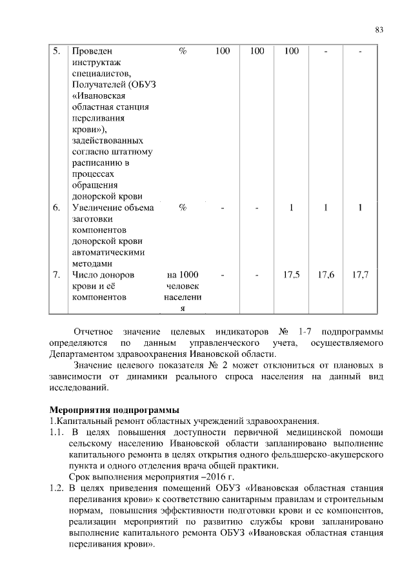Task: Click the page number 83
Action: pyautogui.click(x=379, y=30)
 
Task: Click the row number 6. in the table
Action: pyautogui.click(x=57, y=207)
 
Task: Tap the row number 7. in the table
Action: pyautogui.click(x=57, y=274)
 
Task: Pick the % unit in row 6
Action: pyautogui.click(x=183, y=207)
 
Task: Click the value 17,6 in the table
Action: pyautogui.click(x=326, y=274)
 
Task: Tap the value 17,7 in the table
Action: pyautogui.click(x=360, y=274)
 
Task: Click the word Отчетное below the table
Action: pyautogui.click(x=95, y=332)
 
